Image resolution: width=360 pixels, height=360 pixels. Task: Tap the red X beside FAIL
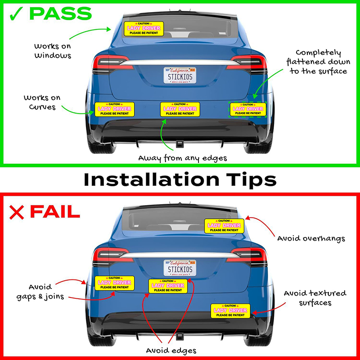tap(16, 211)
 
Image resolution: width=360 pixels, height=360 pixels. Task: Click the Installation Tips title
tap(180, 179)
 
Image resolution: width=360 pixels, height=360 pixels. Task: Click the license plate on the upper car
tap(180, 76)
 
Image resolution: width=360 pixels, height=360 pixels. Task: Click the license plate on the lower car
tap(180, 268)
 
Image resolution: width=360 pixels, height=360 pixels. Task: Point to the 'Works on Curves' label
tap(43, 102)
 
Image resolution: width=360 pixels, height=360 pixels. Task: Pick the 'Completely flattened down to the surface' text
tap(321, 62)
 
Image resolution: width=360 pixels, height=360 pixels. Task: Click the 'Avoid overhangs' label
tap(311, 238)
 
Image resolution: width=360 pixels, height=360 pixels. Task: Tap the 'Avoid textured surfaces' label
tap(315, 298)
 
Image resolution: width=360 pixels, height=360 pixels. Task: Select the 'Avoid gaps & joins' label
tap(43, 291)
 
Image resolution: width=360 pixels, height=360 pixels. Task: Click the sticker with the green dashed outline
tap(247, 109)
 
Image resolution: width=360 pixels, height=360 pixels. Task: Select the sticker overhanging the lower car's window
tap(224, 226)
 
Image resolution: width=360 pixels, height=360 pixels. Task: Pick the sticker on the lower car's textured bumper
tap(230, 311)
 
